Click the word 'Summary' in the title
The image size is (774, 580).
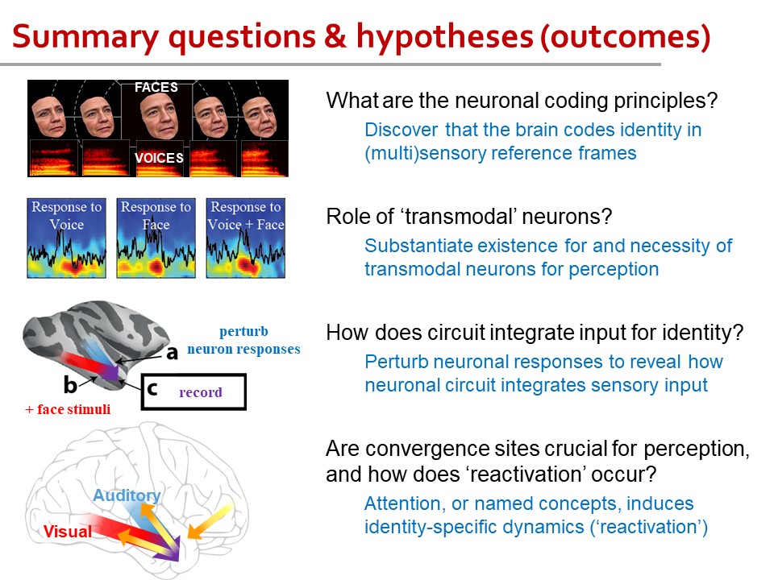[85, 38]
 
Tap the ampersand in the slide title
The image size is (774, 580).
[335, 36]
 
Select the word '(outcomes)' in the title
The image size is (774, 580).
[625, 38]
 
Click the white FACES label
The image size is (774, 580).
[156, 87]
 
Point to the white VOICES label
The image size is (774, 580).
[159, 158]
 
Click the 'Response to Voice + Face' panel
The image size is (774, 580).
[245, 238]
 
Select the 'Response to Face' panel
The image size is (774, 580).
[156, 238]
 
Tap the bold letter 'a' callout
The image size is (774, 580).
[172, 353]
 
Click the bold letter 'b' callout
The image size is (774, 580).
[70, 385]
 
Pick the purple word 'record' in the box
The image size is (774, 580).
[201, 392]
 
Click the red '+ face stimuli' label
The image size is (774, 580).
[68, 409]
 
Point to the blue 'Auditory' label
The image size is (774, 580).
[127, 495]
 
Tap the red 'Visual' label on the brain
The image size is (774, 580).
[67, 531]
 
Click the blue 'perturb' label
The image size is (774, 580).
[243, 332]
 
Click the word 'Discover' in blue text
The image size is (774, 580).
[401, 130]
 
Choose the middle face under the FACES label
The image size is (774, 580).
[158, 115]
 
